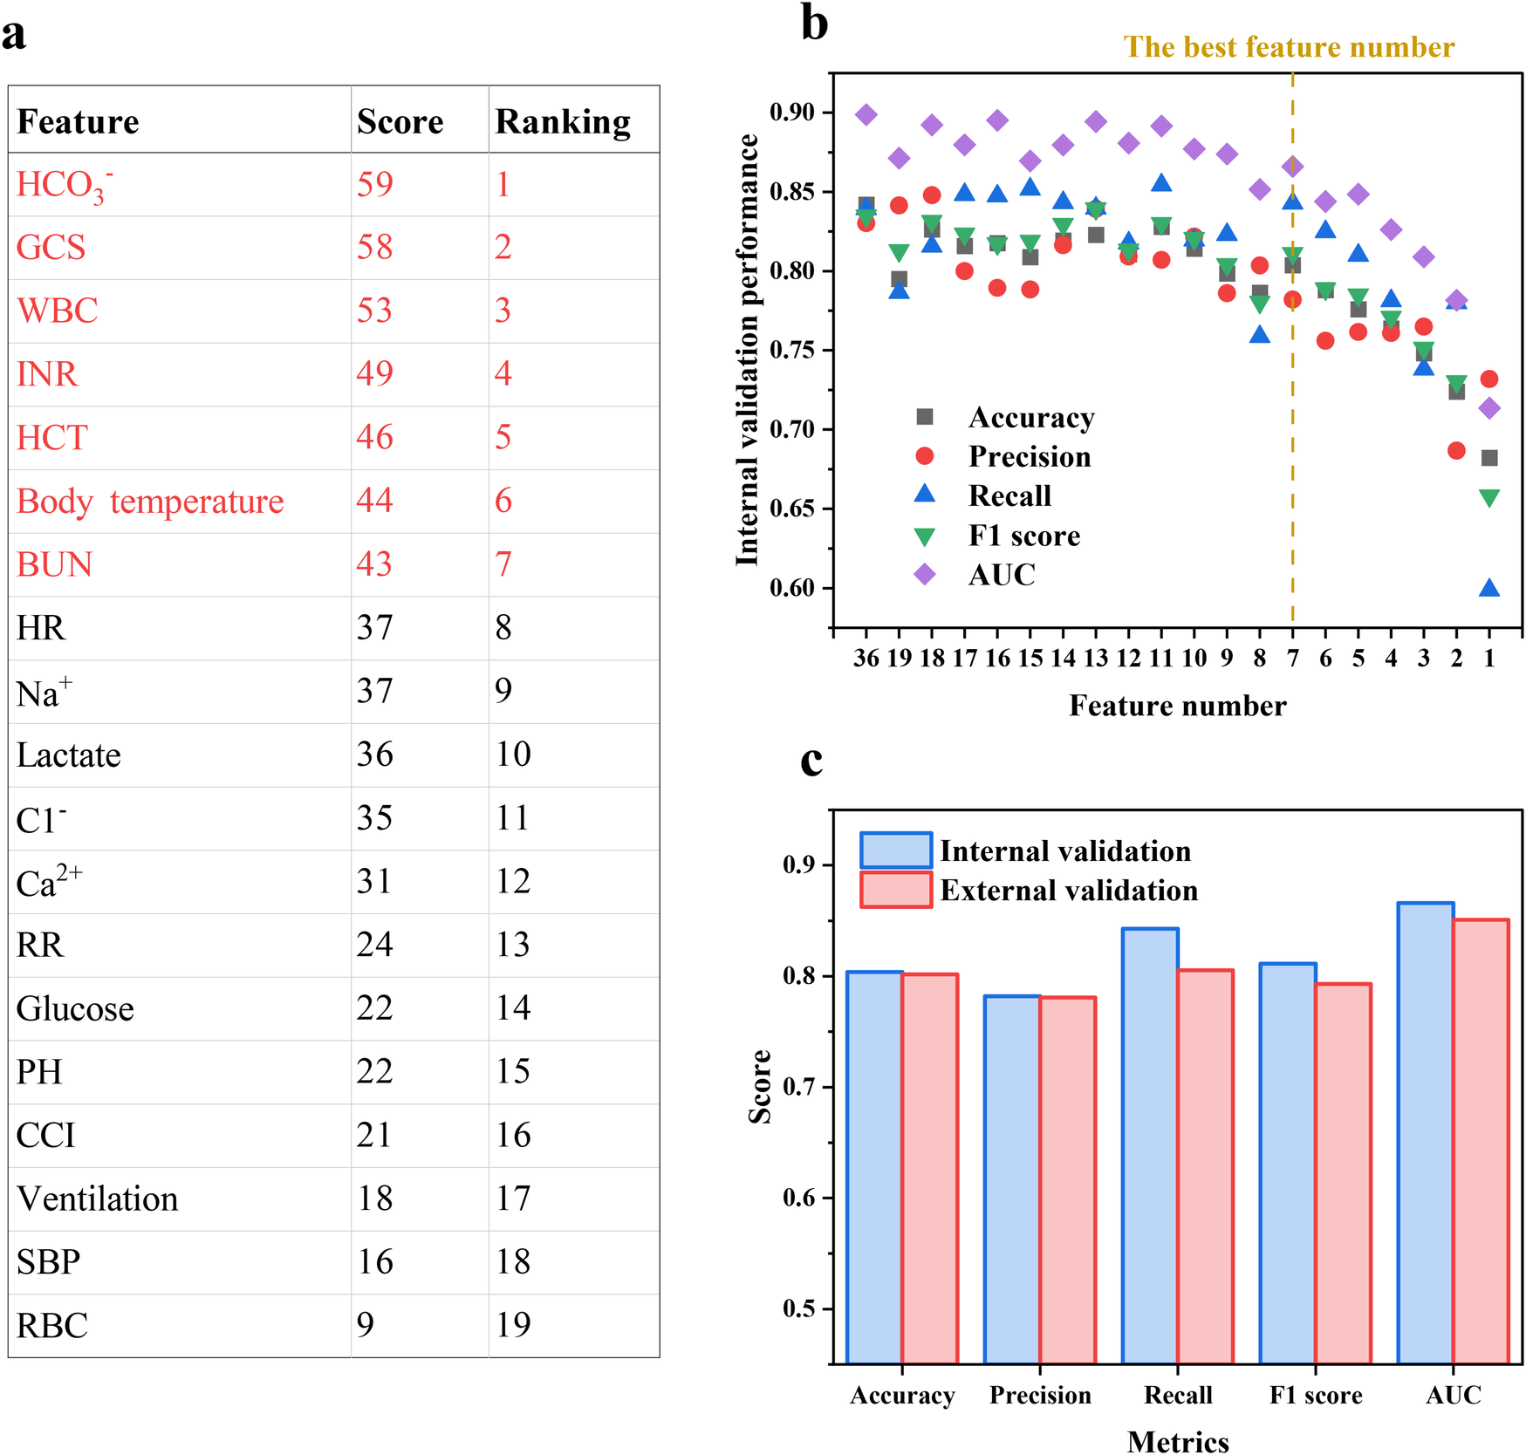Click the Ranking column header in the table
tap(563, 122)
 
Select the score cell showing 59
tap(375, 184)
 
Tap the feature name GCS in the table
tap(51, 248)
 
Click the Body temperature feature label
tap(150, 502)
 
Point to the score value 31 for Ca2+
tap(375, 882)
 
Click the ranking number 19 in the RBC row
tap(513, 1325)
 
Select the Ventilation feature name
tap(98, 1199)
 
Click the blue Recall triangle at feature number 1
tap(1489, 589)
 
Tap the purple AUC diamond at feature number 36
tap(866, 114)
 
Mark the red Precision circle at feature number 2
tap(1456, 451)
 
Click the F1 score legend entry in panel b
tap(1023, 536)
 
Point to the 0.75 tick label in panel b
tap(792, 351)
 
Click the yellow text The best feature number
tap(1289, 47)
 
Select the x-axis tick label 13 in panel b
tap(1096, 659)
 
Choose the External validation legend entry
tap(1068, 891)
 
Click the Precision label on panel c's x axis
tap(1040, 1396)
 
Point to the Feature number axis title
tap(1178, 706)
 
